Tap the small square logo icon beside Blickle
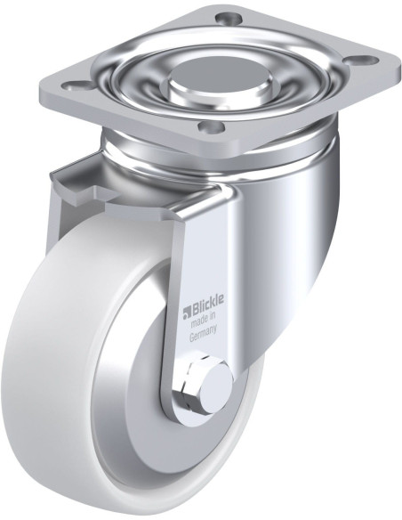coord(188,312)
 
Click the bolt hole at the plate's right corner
coord(362,61)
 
